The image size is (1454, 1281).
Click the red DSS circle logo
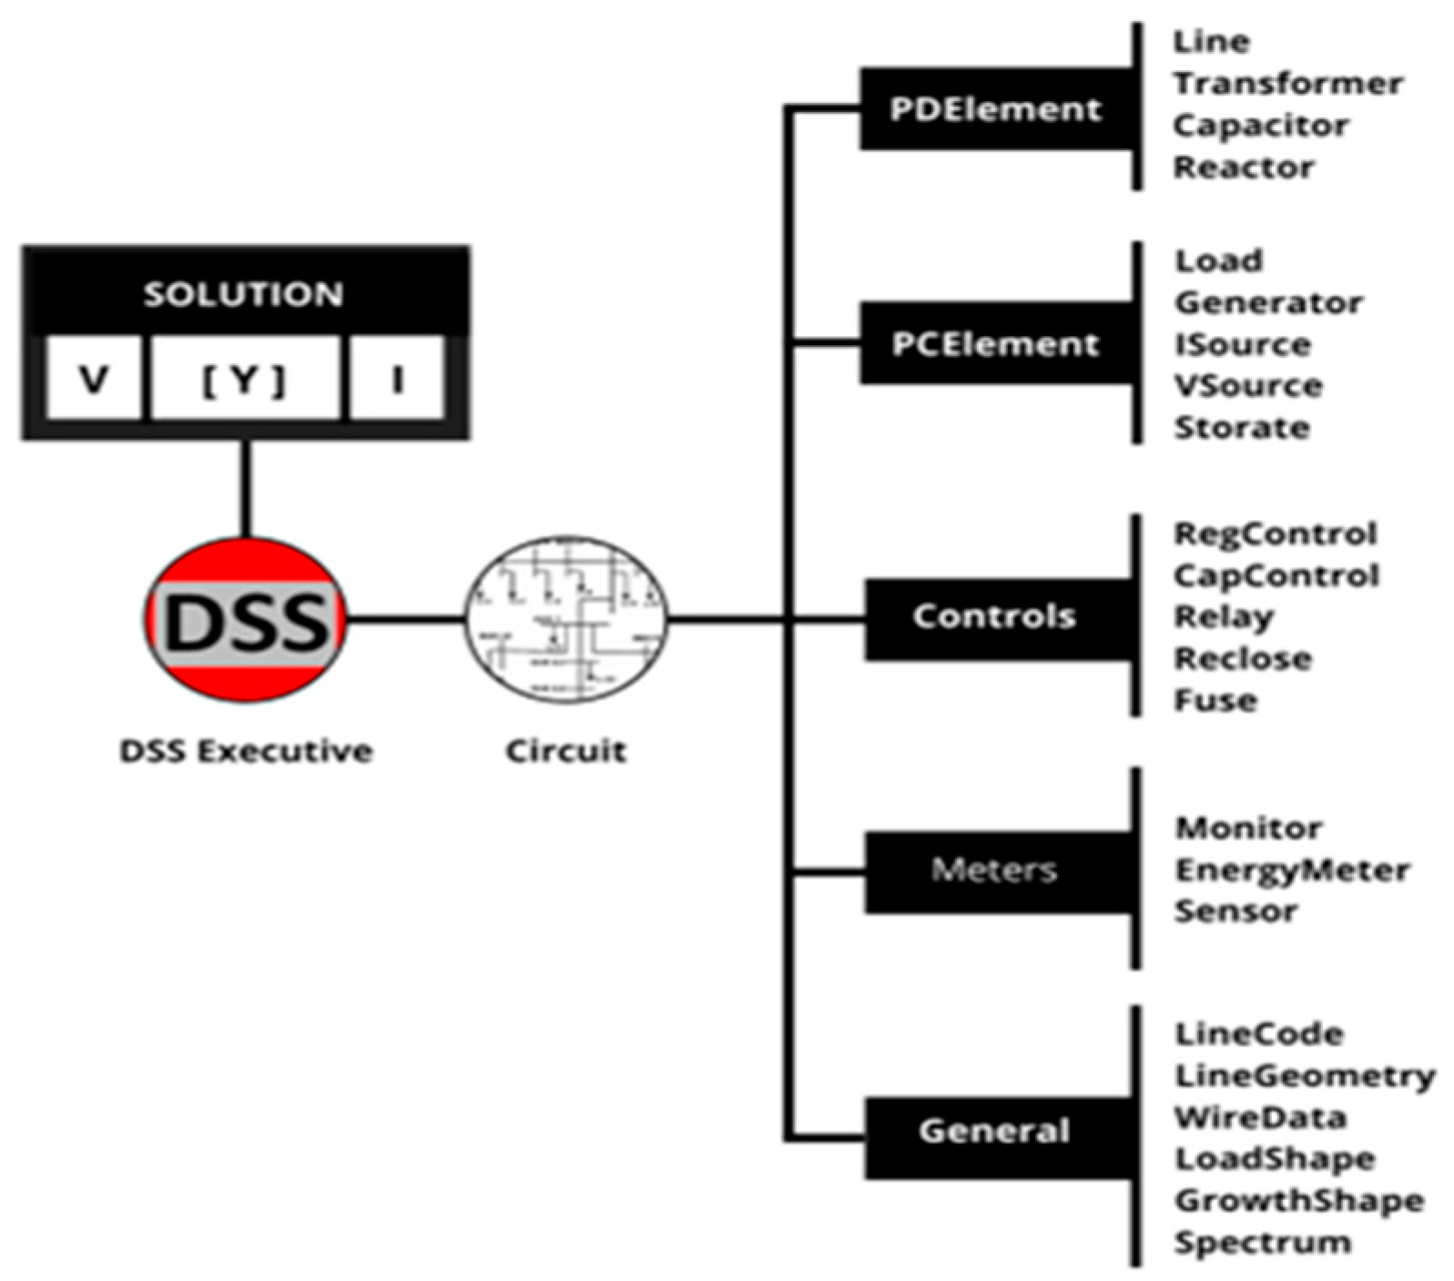[x=246, y=620]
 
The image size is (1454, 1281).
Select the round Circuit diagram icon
[x=566, y=619]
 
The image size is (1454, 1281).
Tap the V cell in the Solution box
[x=94, y=379]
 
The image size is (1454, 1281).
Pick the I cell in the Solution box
[x=397, y=379]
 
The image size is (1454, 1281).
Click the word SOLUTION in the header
[x=244, y=294]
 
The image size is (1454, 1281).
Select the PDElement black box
[x=996, y=109]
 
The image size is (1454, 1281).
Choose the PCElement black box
[x=996, y=344]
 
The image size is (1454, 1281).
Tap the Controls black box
[x=996, y=617]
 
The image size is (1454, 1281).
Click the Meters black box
[x=996, y=870]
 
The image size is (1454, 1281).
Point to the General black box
[x=996, y=1132]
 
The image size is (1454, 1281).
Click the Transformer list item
[x=1287, y=84]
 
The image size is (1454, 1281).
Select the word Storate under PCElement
[x=1242, y=428]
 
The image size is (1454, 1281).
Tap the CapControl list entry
[x=1276, y=576]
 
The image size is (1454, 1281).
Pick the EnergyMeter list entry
[x=1292, y=870]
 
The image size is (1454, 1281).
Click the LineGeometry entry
[x=1305, y=1076]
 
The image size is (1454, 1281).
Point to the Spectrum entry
[x=1262, y=1243]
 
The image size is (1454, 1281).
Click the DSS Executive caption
[x=247, y=752]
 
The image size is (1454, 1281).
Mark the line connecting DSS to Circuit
[x=406, y=620]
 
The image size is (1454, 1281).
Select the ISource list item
[x=1243, y=345]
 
